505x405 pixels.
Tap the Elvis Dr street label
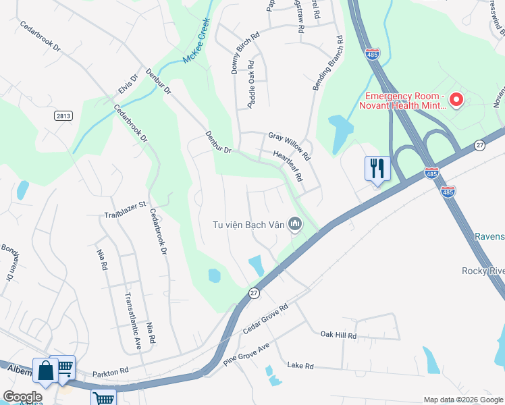click(x=127, y=85)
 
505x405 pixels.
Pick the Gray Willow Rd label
click(x=289, y=146)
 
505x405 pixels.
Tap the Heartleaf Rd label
click(x=288, y=165)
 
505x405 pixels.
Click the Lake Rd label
click(x=300, y=366)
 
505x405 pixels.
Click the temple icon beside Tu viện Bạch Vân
click(x=295, y=223)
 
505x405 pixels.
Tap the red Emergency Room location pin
click(x=456, y=100)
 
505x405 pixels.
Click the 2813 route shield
click(x=63, y=116)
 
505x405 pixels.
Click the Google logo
click(x=22, y=397)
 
